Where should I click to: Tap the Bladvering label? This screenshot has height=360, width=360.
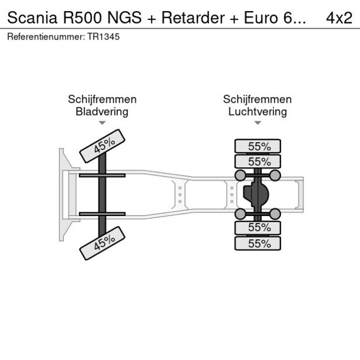click(x=102, y=111)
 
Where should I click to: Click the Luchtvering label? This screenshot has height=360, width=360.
click(x=257, y=111)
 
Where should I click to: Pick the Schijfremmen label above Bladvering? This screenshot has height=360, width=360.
click(x=102, y=99)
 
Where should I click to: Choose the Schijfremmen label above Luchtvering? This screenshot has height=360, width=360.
click(x=257, y=99)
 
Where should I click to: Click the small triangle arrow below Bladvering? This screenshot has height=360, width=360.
click(x=102, y=123)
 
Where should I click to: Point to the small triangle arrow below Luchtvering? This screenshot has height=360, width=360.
click(x=258, y=123)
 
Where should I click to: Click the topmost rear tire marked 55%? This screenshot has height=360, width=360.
click(x=257, y=146)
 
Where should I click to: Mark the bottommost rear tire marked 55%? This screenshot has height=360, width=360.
click(x=257, y=243)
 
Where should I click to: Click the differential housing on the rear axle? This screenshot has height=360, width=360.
click(x=256, y=195)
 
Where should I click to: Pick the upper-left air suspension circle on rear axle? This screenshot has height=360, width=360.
click(x=239, y=175)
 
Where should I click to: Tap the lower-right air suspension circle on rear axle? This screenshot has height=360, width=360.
click(x=275, y=214)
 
